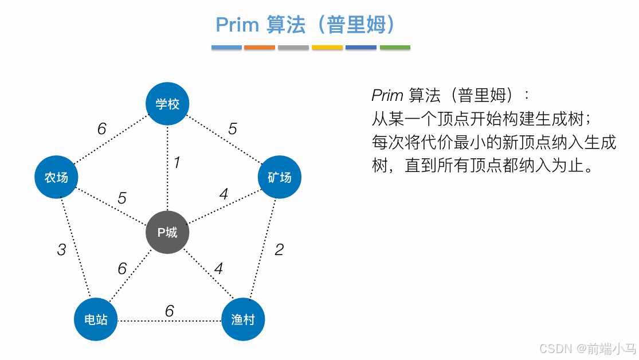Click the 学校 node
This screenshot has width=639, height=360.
click(x=167, y=104)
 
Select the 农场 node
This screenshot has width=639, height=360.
click(x=56, y=178)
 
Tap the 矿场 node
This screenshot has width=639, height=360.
click(x=279, y=178)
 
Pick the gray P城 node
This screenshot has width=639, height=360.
click(x=167, y=232)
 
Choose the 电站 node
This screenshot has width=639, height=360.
click(x=96, y=319)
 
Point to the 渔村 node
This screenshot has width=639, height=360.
click(x=243, y=319)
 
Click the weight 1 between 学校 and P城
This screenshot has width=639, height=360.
click(x=177, y=163)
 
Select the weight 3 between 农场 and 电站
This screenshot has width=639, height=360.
click(x=61, y=250)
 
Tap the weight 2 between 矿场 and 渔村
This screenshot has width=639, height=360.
click(x=279, y=249)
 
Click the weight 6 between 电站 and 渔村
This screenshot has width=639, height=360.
click(x=169, y=311)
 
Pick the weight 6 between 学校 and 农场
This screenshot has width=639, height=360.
click(x=101, y=129)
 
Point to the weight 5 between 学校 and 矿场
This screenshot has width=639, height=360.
click(x=232, y=129)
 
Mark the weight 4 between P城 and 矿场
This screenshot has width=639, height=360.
click(x=224, y=195)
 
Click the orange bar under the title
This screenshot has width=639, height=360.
click(x=260, y=47)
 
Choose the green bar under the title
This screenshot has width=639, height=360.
click(x=395, y=47)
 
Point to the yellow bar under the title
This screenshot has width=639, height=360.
click(x=327, y=47)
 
